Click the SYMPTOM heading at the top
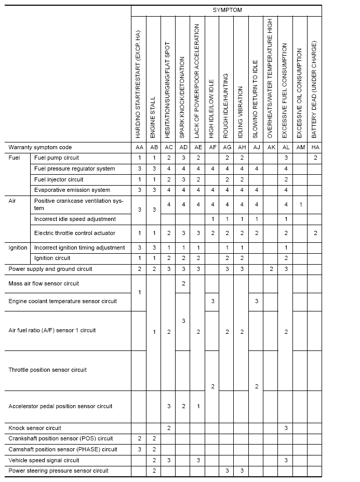(x=227, y=10)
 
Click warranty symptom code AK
(x=271, y=148)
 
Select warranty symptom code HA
(x=315, y=148)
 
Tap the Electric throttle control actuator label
(x=75, y=233)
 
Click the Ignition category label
(x=18, y=247)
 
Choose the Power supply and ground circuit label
(x=50, y=269)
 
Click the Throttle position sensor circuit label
(x=48, y=370)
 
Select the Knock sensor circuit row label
(x=35, y=428)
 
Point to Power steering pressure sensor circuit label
(x=59, y=471)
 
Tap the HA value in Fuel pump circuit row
(x=315, y=158)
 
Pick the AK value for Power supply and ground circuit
(x=271, y=269)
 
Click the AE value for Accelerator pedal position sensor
(x=197, y=406)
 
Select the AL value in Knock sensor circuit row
(x=286, y=428)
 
